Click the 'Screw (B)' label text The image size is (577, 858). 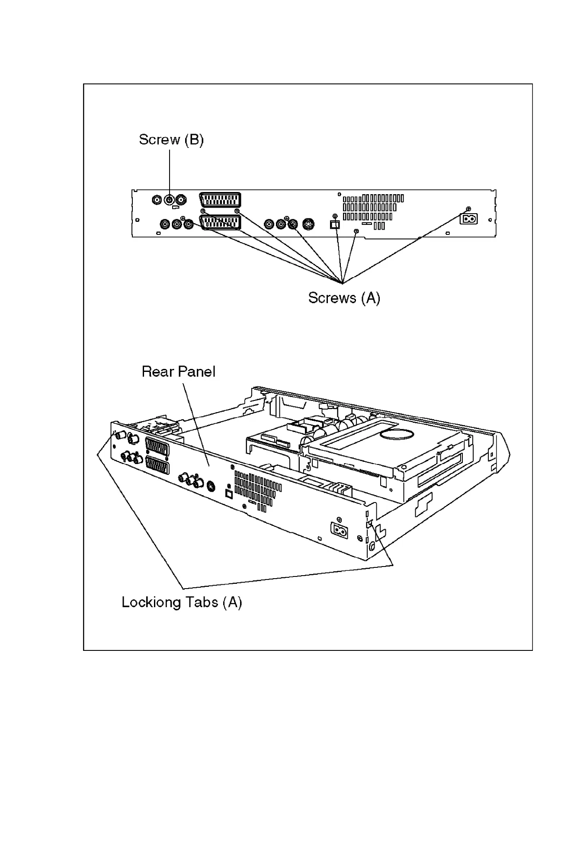(x=171, y=140)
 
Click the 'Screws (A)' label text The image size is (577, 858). (x=344, y=298)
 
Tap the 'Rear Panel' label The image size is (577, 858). (x=178, y=372)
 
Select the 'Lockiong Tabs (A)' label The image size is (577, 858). (x=182, y=602)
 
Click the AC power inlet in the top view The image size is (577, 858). (x=468, y=219)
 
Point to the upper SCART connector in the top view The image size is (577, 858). (x=220, y=200)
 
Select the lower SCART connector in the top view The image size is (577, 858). (x=220, y=223)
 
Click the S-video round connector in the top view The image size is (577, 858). (x=308, y=224)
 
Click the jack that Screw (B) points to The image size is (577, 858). (x=170, y=200)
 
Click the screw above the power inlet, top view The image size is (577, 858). (x=468, y=209)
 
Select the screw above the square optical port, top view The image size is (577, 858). (x=334, y=216)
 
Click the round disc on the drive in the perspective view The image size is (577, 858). (x=396, y=435)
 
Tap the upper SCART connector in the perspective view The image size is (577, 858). (x=157, y=446)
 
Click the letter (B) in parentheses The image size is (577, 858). (x=193, y=140)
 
